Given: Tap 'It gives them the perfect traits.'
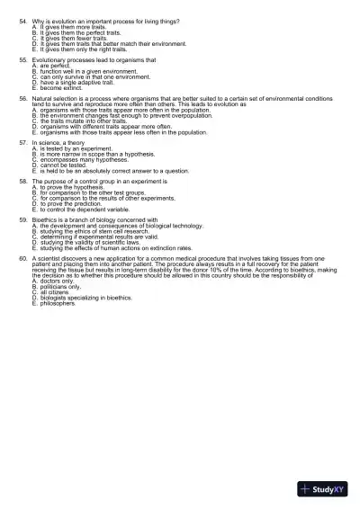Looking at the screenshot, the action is (x=80, y=31).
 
